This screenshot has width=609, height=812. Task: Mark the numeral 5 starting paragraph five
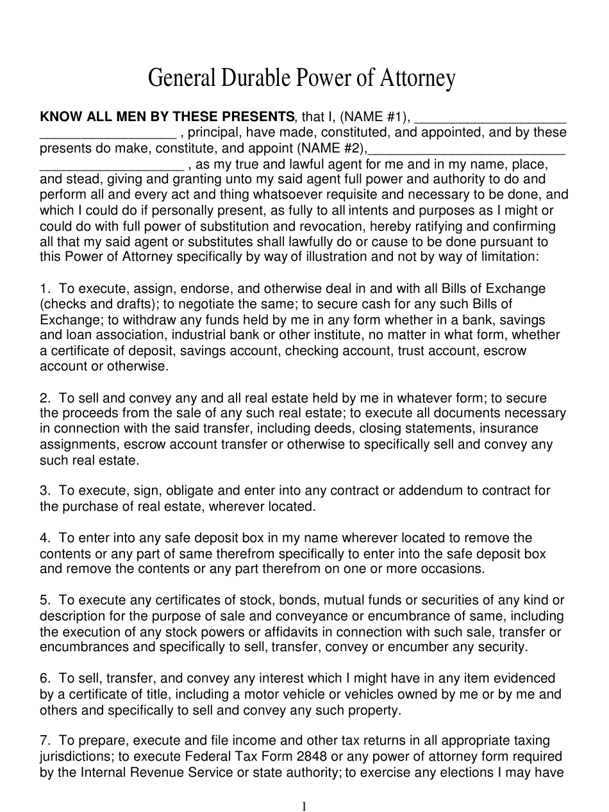tap(44, 601)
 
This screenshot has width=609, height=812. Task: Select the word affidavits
tap(263, 632)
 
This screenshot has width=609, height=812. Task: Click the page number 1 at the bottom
tap(304, 807)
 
